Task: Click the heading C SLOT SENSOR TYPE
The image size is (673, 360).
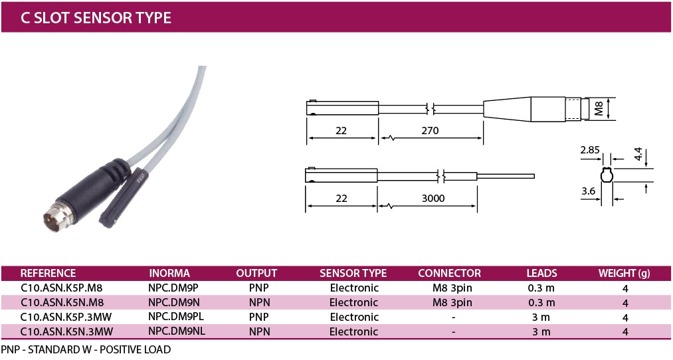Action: [x=96, y=17]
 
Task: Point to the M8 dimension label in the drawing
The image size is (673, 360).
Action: [x=599, y=108]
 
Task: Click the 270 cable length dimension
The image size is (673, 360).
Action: [x=430, y=130]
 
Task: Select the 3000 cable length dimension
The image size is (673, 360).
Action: [x=433, y=198]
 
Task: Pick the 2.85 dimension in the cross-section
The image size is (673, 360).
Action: [x=590, y=149]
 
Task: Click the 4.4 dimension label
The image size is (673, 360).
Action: [x=638, y=154]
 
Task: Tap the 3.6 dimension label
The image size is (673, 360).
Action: [x=589, y=191]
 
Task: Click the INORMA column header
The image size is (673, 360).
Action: [x=169, y=274]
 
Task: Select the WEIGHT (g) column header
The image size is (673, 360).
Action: [x=625, y=274]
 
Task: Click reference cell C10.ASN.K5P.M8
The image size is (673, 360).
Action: [x=61, y=288]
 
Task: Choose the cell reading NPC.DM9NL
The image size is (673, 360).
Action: [x=177, y=331]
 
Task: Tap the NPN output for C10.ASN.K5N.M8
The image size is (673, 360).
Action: [x=260, y=302]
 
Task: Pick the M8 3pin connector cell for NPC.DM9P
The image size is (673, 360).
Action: [x=452, y=288]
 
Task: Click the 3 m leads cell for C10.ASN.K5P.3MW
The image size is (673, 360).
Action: [x=541, y=317]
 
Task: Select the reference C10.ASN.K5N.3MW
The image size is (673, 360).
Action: [x=66, y=331]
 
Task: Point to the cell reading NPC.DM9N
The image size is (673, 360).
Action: [x=174, y=302]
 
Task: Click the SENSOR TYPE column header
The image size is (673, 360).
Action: [x=353, y=274]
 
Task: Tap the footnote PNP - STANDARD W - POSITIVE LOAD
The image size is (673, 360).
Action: [x=86, y=349]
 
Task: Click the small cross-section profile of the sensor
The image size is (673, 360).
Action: [x=607, y=176]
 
